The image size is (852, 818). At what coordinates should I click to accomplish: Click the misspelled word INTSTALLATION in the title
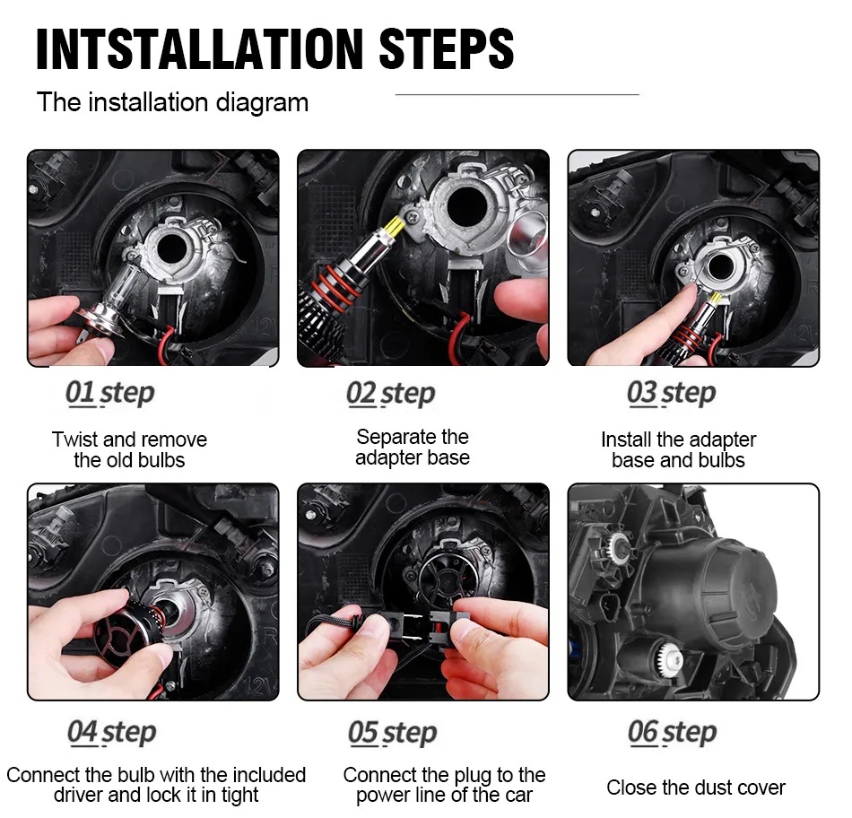click(199, 49)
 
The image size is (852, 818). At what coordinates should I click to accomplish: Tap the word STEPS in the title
click(446, 49)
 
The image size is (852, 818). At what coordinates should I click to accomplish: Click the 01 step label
click(110, 393)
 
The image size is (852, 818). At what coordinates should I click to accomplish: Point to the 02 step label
click(391, 393)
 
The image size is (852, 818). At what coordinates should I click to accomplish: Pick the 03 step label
click(671, 393)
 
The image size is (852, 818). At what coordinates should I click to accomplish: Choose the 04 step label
click(112, 732)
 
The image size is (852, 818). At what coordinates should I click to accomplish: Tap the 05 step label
click(392, 732)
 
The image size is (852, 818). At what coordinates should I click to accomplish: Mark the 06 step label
click(672, 732)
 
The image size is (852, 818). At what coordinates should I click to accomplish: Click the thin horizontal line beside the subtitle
click(517, 94)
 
